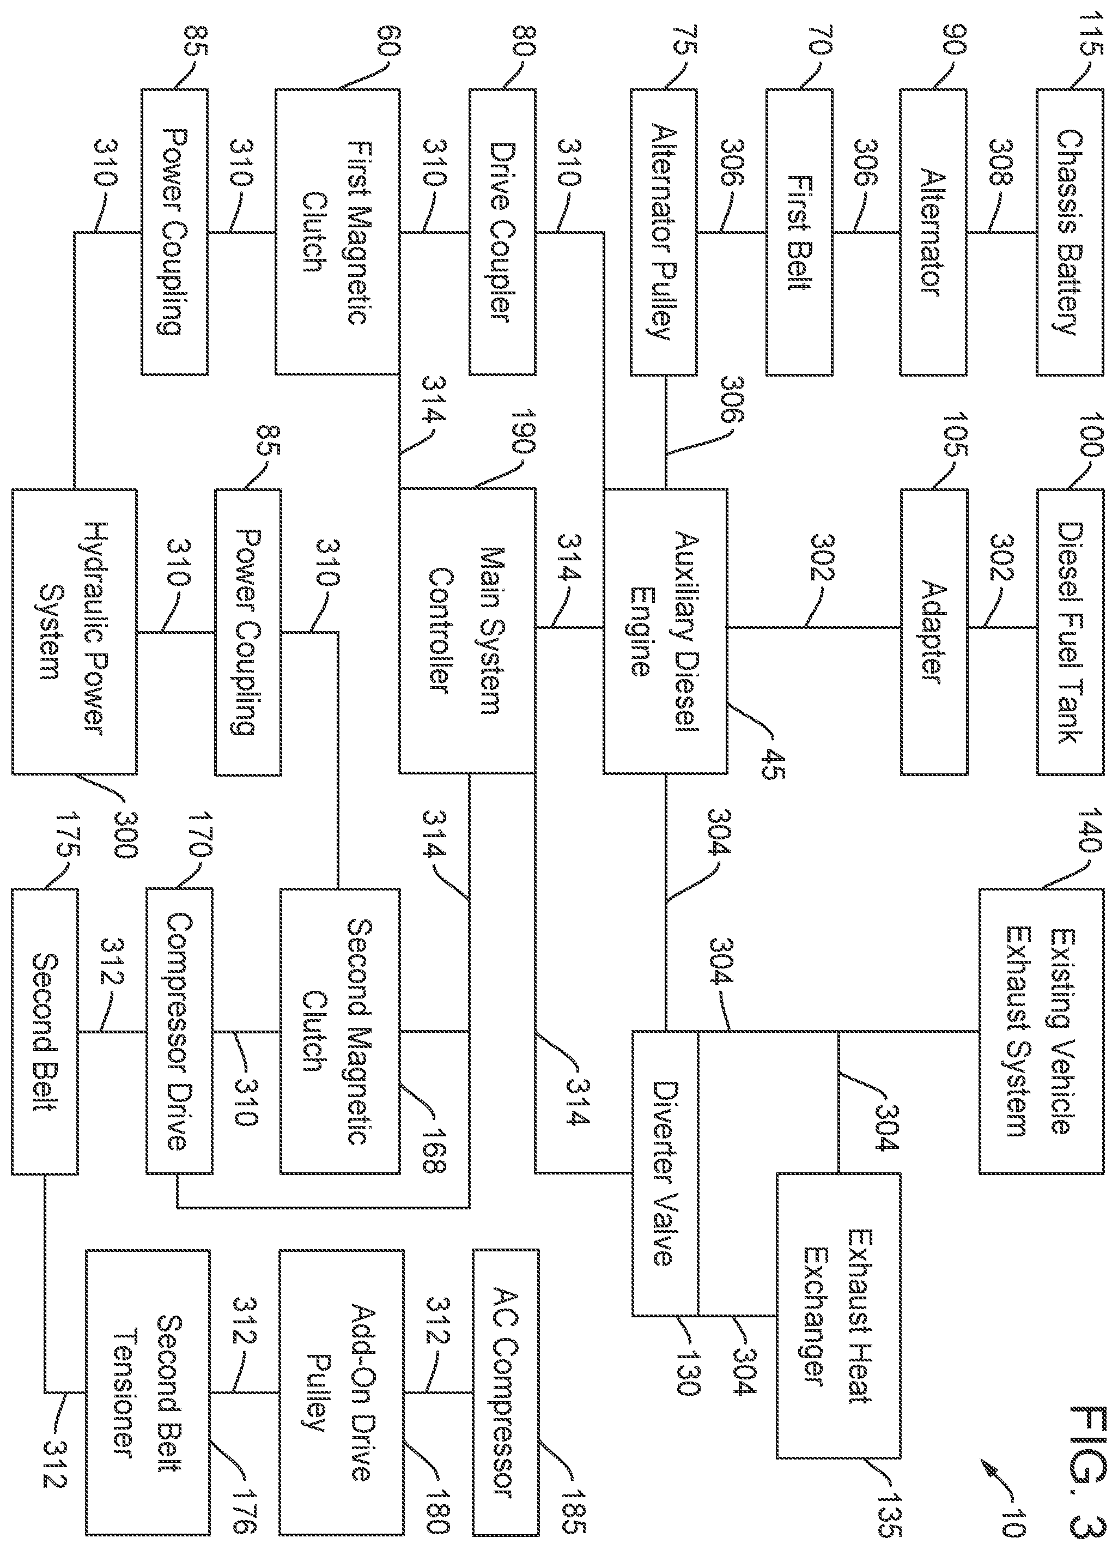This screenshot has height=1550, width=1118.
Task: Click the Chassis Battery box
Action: coord(1070,232)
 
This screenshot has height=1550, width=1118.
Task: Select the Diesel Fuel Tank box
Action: coord(1070,632)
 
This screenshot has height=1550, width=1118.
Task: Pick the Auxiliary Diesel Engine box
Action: coord(665,632)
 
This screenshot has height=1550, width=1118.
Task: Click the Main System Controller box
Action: coord(467,632)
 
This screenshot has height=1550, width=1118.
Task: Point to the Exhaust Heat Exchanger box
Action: coord(838,1316)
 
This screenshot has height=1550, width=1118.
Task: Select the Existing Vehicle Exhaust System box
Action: coord(1042,1031)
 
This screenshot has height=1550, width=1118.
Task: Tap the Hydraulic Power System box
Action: coord(74,632)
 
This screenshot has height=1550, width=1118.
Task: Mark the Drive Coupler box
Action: coord(502,232)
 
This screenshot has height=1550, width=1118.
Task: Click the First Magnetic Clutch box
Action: coord(338,232)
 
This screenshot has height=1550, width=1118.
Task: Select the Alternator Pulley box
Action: coord(663,232)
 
